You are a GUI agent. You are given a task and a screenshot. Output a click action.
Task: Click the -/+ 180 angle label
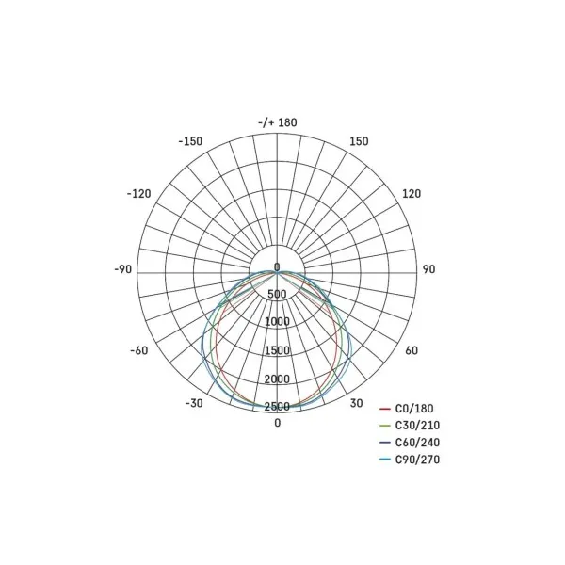coord(278,122)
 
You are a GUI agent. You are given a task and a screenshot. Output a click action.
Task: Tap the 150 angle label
coord(359,141)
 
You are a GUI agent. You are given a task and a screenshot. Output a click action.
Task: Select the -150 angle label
coord(190,141)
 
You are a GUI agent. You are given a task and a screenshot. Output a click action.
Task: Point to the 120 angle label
coord(412,194)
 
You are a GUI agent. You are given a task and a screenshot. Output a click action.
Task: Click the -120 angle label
coord(138,194)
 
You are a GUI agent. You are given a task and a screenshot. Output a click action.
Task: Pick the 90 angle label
coord(428,269)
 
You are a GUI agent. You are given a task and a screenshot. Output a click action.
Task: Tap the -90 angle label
coord(122,269)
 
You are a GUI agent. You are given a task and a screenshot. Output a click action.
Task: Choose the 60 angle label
coord(412,350)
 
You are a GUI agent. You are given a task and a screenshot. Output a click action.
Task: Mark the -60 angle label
coord(139,350)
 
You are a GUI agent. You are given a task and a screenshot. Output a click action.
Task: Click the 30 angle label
coord(356,403)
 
